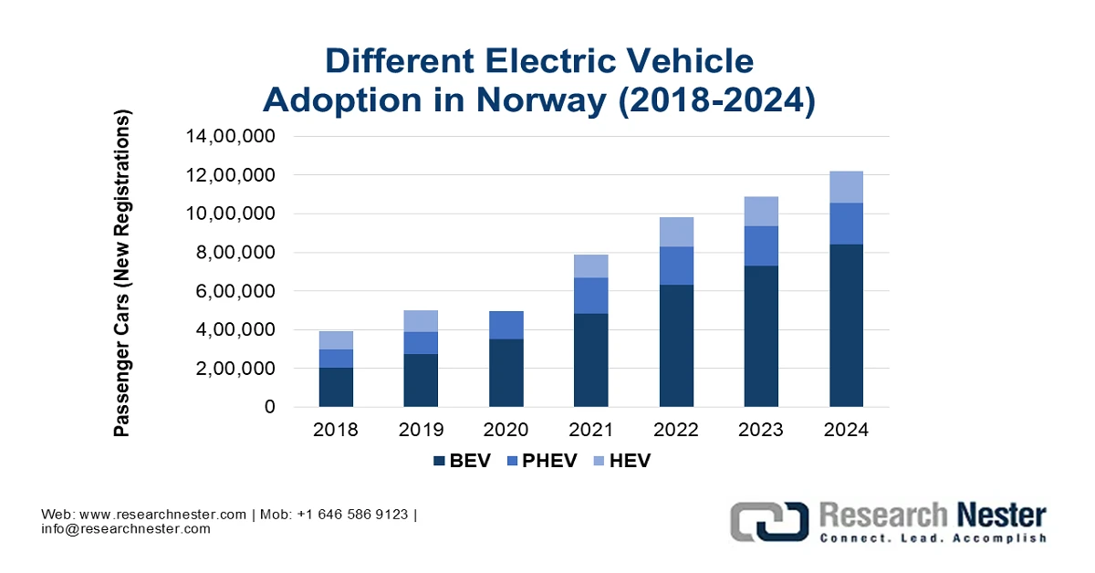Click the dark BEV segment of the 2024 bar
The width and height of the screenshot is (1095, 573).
846,326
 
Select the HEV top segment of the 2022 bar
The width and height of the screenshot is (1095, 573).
676,232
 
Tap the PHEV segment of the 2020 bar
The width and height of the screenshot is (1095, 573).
506,325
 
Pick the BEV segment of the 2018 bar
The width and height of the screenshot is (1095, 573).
336,387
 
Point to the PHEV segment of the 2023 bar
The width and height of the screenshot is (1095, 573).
761,246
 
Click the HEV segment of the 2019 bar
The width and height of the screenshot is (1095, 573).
421,321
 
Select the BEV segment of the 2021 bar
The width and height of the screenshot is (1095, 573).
591,360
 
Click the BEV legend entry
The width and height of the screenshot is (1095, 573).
462,461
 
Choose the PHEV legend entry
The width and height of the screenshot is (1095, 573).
537,461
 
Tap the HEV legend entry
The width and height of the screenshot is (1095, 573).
620,461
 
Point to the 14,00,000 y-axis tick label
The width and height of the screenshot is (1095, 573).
232,137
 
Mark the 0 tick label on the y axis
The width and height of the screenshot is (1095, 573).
269,407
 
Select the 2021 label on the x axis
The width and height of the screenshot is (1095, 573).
591,430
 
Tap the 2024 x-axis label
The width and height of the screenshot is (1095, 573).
846,430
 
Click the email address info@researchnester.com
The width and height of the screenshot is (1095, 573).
126,528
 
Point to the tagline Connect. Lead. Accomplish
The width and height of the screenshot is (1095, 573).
932,539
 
